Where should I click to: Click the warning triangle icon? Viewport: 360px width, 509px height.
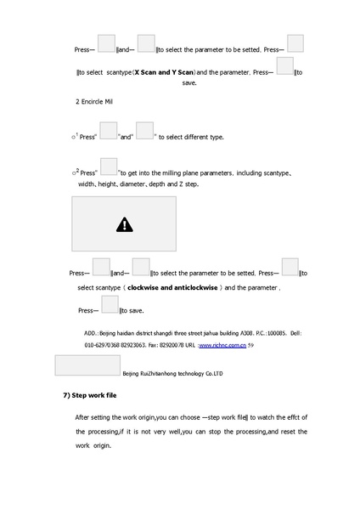pyautogui.click(x=125, y=224)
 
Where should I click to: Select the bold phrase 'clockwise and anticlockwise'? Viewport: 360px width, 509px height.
pyautogui.click(x=173, y=288)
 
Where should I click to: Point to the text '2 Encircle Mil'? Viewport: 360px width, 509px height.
pyautogui.click(x=94, y=102)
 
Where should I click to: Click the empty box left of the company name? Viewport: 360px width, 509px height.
pyautogui.click(x=87, y=366)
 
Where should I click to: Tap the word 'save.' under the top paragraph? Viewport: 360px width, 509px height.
pyautogui.click(x=190, y=83)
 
